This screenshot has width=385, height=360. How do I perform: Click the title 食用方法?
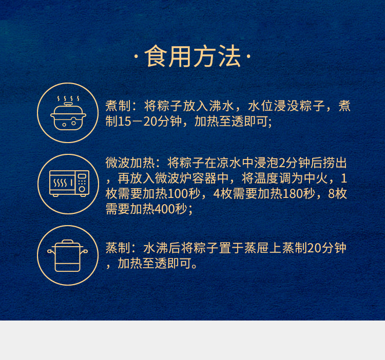[x=192, y=56]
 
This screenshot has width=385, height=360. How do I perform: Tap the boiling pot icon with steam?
[x=68, y=113]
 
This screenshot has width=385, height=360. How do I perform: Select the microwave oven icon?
[x=69, y=184]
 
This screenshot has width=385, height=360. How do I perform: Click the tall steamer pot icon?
[x=68, y=256]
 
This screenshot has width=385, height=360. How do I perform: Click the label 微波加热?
[x=130, y=163]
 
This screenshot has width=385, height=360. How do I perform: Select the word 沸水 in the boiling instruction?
[x=221, y=106]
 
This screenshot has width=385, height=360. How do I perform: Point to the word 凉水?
[x=229, y=163]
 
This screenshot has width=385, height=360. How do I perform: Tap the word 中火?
[x=316, y=178]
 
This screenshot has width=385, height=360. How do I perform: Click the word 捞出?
[x=335, y=163]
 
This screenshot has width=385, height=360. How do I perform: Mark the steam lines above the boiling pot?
[x=68, y=98]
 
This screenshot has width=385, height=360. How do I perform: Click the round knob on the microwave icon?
[x=82, y=189]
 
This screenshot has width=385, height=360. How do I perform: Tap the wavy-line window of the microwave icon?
[x=62, y=183]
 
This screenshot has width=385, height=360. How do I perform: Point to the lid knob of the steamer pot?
[x=68, y=242]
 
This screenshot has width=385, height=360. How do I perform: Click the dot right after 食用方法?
[x=248, y=56]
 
